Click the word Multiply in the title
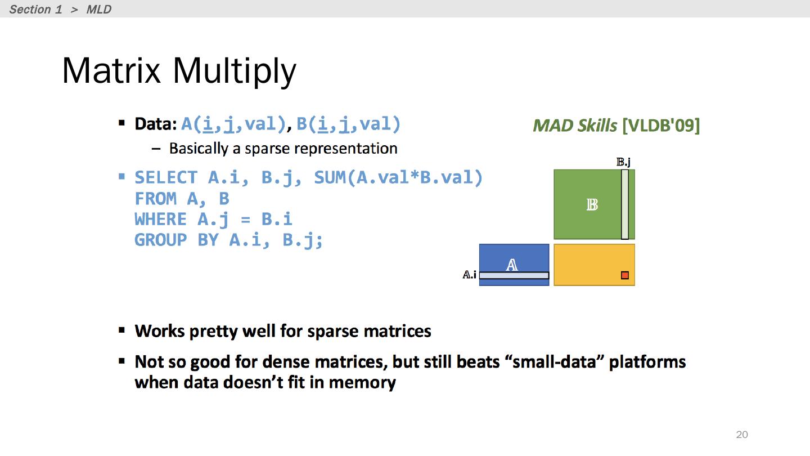[235, 73]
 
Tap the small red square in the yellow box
[625, 275]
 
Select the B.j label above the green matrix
[623, 162]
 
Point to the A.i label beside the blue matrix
[469, 275]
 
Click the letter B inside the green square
[592, 205]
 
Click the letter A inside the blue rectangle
[512, 265]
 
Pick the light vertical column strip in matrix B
[625, 204]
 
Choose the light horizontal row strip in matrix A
[514, 275]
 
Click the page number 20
[741, 434]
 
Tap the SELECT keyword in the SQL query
[166, 178]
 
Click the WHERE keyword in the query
[160, 220]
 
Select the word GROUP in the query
[160, 240]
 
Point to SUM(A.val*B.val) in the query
[398, 178]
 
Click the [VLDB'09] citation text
[661, 126]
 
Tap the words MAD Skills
[575, 126]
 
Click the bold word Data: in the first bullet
[155, 124]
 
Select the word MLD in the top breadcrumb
[99, 9]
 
